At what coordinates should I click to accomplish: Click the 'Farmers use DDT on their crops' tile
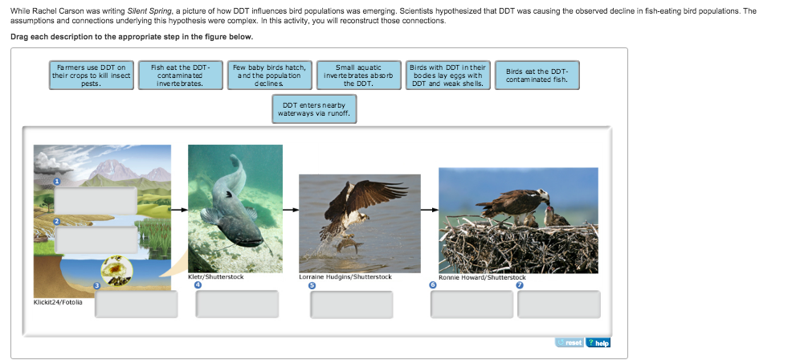click(x=92, y=76)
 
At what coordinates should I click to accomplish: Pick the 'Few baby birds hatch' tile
click(x=270, y=76)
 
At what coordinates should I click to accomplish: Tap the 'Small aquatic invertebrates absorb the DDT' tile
click(x=359, y=76)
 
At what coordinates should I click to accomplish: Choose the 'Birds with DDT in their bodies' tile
click(x=447, y=76)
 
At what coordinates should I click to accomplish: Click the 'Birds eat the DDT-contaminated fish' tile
click(x=537, y=76)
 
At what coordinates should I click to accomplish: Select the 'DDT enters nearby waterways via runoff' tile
click(x=315, y=109)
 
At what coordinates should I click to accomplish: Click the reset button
click(x=570, y=343)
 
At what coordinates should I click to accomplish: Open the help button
click(x=598, y=343)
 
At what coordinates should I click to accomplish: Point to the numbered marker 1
click(x=57, y=182)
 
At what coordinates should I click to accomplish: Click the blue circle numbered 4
click(x=198, y=285)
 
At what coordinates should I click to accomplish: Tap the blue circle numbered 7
click(x=521, y=285)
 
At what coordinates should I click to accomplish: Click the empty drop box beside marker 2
click(x=96, y=239)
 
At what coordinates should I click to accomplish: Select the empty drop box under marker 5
click(x=351, y=305)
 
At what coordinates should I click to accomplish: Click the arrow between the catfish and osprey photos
click(x=291, y=210)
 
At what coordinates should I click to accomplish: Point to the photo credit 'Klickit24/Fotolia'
click(x=59, y=302)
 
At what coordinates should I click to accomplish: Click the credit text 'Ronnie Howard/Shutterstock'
click(x=482, y=277)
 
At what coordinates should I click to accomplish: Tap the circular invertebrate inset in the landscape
click(x=116, y=271)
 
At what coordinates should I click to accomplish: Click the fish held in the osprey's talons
click(x=347, y=246)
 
